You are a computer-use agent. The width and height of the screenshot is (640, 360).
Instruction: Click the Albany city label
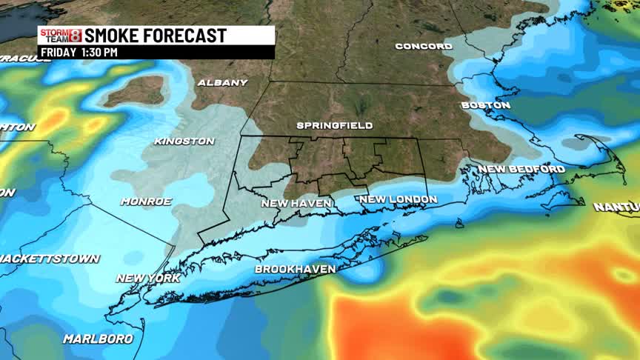(221, 83)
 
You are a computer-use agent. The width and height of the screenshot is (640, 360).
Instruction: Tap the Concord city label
(424, 46)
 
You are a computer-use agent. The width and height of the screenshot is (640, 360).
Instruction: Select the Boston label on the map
(486, 105)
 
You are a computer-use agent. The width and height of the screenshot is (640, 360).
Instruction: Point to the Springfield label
(335, 125)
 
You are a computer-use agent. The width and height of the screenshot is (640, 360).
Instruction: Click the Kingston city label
(184, 141)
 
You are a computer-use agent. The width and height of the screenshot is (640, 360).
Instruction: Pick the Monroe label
(146, 201)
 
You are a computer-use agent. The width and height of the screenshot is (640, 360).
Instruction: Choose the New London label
(398, 199)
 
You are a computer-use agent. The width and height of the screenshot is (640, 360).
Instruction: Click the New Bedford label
(521, 169)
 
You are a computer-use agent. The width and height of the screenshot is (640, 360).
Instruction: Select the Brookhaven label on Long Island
(296, 269)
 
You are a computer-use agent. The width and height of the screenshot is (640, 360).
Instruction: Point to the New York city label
(148, 278)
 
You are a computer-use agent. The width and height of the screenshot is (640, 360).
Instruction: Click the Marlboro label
(98, 339)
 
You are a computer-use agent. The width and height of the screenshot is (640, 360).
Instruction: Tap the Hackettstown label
(49, 259)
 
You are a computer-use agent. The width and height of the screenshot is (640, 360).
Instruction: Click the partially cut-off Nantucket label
(616, 207)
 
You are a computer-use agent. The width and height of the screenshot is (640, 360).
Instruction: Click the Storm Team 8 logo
(61, 36)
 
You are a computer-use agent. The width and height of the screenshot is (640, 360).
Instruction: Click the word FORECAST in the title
(190, 36)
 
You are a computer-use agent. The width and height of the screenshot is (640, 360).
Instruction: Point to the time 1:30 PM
(99, 53)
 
